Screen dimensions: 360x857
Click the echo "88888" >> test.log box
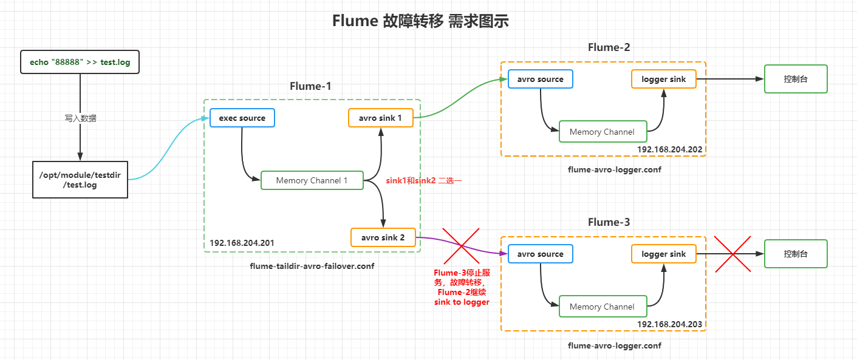(x=80, y=62)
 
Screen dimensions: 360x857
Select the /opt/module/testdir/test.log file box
(x=80, y=180)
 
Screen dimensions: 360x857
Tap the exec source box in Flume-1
(x=242, y=118)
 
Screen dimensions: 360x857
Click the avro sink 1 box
(x=381, y=118)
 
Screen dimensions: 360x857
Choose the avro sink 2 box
(x=383, y=237)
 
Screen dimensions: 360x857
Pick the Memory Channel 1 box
(x=312, y=180)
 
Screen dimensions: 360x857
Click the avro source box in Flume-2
(x=540, y=79)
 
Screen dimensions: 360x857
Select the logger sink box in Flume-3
(x=663, y=254)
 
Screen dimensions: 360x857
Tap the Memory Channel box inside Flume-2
(x=602, y=132)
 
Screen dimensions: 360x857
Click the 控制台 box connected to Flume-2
(x=796, y=79)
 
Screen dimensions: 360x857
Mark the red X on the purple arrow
(x=461, y=246)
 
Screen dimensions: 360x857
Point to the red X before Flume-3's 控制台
(x=732, y=254)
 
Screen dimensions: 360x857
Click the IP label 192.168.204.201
(x=242, y=243)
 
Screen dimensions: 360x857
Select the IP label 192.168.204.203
(x=669, y=324)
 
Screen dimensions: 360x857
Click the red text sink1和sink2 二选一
(x=423, y=181)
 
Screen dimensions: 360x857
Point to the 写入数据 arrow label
(x=80, y=118)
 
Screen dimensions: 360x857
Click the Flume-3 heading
(x=609, y=222)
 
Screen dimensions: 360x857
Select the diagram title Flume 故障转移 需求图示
(x=420, y=21)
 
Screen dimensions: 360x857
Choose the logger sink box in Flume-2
(x=663, y=79)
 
